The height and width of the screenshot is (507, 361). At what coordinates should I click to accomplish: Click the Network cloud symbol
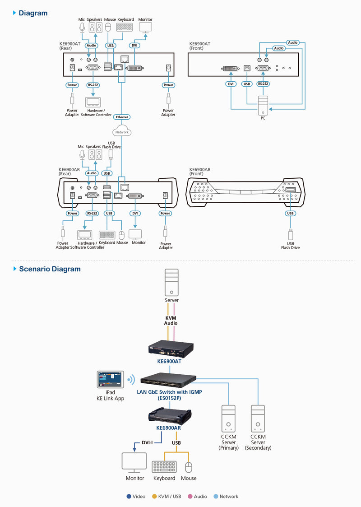[122, 132]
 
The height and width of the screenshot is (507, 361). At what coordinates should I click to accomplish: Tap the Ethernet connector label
[122, 117]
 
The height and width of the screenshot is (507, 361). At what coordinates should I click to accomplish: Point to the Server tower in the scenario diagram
[171, 282]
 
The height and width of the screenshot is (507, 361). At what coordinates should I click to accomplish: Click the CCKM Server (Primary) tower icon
[228, 419]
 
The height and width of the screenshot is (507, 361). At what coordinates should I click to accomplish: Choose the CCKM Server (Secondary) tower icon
[258, 419]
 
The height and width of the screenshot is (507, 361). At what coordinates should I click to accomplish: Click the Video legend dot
[129, 496]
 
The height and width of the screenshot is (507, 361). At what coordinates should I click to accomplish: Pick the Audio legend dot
[190, 496]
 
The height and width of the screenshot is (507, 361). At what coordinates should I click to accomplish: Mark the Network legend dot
[216, 496]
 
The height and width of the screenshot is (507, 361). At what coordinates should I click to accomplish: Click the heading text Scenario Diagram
[50, 269]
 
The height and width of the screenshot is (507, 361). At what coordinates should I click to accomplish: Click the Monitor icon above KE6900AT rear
[145, 28]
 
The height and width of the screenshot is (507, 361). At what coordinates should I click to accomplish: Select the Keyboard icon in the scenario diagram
[164, 467]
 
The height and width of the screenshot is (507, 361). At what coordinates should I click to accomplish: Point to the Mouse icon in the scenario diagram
[189, 467]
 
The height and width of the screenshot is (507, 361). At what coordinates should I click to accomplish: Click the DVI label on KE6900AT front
[231, 84]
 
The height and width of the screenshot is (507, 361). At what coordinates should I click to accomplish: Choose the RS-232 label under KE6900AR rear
[92, 213]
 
